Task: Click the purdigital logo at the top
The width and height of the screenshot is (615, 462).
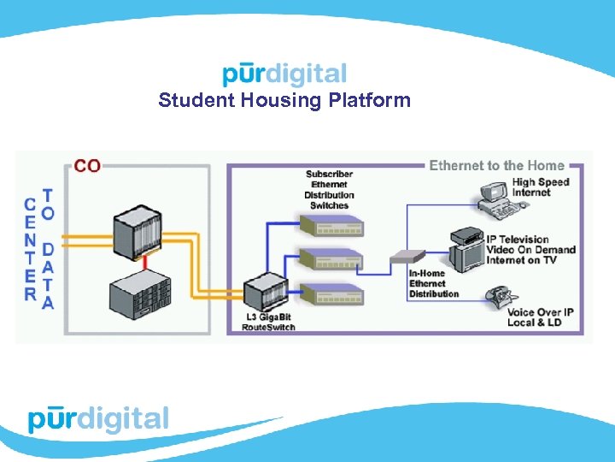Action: click(284, 74)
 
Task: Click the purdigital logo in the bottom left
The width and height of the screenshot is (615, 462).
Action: click(98, 420)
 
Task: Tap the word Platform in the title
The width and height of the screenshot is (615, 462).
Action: click(371, 101)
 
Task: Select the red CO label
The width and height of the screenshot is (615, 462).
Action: click(87, 165)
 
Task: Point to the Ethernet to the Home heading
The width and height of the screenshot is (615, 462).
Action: click(496, 165)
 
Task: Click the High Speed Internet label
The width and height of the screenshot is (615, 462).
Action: click(541, 187)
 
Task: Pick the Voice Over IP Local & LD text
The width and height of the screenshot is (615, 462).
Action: click(540, 317)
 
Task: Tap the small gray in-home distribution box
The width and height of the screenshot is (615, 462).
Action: click(407, 256)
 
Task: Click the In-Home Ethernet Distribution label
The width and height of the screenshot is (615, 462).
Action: click(433, 283)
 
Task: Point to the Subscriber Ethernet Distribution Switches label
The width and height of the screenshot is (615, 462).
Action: click(329, 190)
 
